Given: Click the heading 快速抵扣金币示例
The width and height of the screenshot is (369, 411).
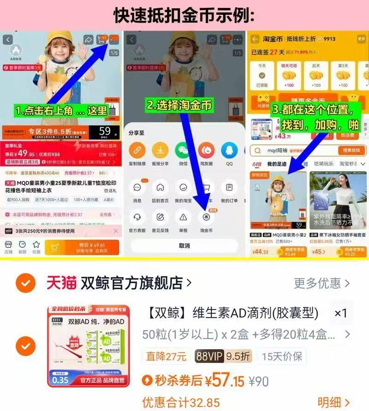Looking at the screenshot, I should [184, 16].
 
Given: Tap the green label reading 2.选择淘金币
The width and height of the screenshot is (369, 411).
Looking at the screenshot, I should [179, 105].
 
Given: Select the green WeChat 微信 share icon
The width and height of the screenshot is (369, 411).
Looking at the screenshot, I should [183, 150].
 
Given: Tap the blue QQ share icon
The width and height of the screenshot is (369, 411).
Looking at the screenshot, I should [229, 150].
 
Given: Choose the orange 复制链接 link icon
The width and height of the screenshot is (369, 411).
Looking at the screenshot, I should [137, 150].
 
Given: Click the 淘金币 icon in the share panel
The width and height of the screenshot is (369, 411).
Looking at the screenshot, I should [206, 217].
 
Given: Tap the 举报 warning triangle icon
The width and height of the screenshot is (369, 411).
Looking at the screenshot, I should [183, 217].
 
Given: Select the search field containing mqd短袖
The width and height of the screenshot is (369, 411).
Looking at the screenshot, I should [295, 150].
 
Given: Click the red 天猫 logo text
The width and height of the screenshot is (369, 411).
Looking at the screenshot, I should [61, 282].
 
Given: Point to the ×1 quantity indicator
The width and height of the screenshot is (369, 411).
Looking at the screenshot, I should [340, 313].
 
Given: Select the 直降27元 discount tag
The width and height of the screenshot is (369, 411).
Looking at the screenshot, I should [166, 357].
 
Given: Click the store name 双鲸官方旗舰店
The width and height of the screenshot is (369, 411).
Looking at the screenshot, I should [131, 282].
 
